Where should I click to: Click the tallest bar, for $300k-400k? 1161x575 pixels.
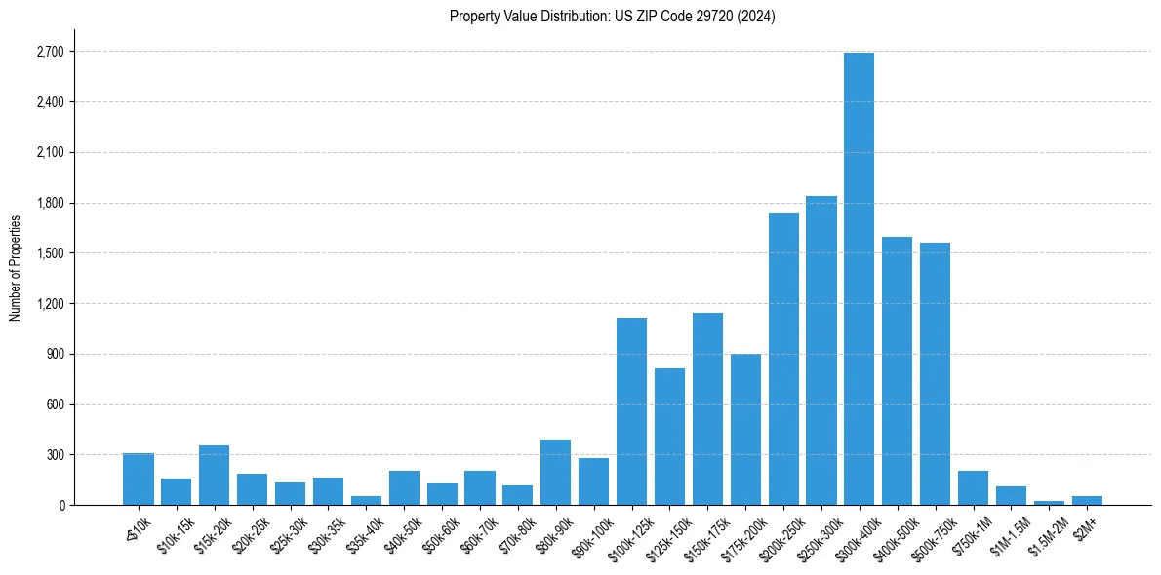[x=859, y=279]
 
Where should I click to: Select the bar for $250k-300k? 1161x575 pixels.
[x=821, y=351]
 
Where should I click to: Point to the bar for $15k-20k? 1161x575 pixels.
[x=214, y=476]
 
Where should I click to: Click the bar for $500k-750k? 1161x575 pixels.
[x=935, y=374]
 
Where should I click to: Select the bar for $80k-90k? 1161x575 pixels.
[x=555, y=473]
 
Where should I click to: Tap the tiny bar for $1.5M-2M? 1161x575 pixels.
[x=1049, y=503]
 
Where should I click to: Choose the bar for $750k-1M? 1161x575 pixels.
[x=973, y=488]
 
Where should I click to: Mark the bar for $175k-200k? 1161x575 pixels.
[x=745, y=430]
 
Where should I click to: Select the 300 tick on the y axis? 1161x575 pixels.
[x=55, y=455]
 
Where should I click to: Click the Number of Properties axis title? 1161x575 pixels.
[x=15, y=268]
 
